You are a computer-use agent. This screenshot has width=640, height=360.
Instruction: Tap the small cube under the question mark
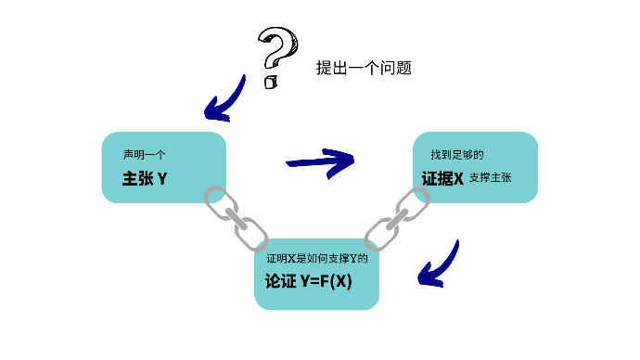coord(271,83)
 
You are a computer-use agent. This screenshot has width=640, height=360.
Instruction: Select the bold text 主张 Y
coord(145,177)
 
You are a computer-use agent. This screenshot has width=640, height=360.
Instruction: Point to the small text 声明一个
coord(144,154)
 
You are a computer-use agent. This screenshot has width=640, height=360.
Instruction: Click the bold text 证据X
coord(442,177)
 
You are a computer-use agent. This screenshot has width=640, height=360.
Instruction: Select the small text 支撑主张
coord(491,177)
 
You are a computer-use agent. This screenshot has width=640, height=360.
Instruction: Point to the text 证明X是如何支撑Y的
coord(317,258)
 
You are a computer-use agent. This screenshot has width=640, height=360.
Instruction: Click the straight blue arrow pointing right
coord(321,160)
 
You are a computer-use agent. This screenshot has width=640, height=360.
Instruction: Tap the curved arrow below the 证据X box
coord(439,264)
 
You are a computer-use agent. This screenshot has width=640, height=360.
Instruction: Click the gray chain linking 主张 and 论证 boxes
coord(235,217)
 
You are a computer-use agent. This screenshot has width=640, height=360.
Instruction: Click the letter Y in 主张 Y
coord(162,177)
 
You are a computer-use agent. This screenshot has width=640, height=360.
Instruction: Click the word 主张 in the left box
coord(137,177)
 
